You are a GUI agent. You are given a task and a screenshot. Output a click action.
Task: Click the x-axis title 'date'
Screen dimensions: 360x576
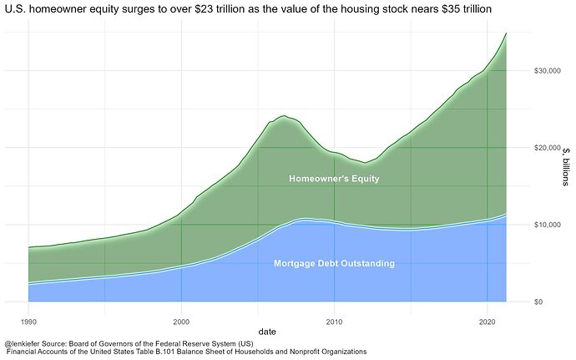pos(267,332)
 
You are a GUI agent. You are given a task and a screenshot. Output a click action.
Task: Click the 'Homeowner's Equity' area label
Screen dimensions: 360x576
pos(332,179)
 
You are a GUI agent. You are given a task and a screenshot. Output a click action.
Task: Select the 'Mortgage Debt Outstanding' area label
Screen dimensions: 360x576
pos(334,264)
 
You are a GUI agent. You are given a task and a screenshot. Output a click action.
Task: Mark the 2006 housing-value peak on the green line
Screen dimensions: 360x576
pos(285,116)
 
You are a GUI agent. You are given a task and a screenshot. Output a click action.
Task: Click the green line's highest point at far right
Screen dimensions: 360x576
pos(506,33)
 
